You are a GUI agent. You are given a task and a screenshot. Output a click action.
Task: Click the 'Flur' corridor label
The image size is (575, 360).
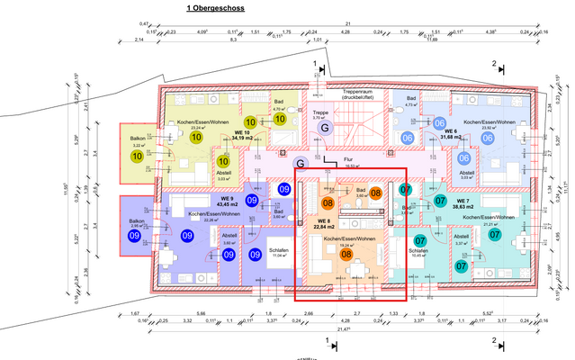pos(347,159)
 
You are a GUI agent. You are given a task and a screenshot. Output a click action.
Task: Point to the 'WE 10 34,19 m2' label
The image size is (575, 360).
pos(241,136)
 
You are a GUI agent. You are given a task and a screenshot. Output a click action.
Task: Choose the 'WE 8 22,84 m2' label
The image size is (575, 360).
pos(325,223)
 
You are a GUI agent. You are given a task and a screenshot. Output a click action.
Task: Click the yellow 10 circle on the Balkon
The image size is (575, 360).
pos(137,156)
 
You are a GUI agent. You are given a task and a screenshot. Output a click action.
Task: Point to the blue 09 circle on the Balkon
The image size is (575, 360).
pos(135,236)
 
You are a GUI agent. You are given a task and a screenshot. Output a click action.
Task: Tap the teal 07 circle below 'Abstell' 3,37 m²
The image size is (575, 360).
pos(461,265)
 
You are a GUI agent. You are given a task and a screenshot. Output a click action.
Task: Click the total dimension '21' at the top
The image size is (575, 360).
pos(347,27)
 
